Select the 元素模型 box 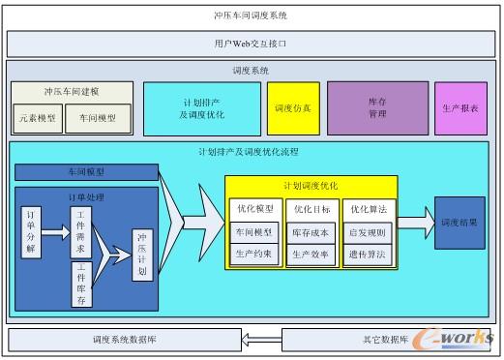click(38, 118)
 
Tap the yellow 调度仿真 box click(292, 107)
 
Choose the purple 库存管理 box click(377, 107)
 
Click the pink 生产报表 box click(460, 107)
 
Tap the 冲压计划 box click(141, 255)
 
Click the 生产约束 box click(254, 255)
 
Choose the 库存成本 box click(311, 232)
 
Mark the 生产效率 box click(311, 255)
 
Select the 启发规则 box click(368, 232)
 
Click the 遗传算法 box click(368, 255)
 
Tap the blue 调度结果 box click(460, 222)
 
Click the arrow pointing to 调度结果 click(415, 222)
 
